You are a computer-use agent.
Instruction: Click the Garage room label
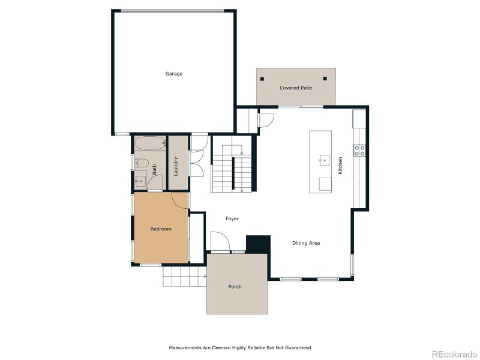coord(174,74)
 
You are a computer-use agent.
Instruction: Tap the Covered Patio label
coord(296,88)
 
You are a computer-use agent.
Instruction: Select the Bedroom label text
coord(161,229)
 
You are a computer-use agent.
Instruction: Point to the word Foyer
coord(232,218)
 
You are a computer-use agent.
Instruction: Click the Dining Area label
coord(306,243)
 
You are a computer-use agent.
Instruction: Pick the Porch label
coord(235,287)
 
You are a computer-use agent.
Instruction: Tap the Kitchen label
coord(340,166)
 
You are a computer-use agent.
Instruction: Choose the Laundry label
coord(176,167)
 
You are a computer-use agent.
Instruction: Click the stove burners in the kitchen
coord(359,151)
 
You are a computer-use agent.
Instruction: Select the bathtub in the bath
coord(151,143)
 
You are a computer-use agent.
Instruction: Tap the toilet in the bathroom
coord(142,163)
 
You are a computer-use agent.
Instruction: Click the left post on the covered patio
coord(262,79)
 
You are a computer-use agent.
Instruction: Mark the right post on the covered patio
coord(325,79)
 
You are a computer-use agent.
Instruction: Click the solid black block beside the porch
coord(259,244)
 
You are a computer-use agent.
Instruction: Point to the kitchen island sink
coord(325,160)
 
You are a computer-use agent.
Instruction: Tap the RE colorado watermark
coord(454,354)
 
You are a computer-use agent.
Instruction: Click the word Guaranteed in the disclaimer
coord(298,348)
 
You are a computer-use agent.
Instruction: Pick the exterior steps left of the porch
coord(185,277)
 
